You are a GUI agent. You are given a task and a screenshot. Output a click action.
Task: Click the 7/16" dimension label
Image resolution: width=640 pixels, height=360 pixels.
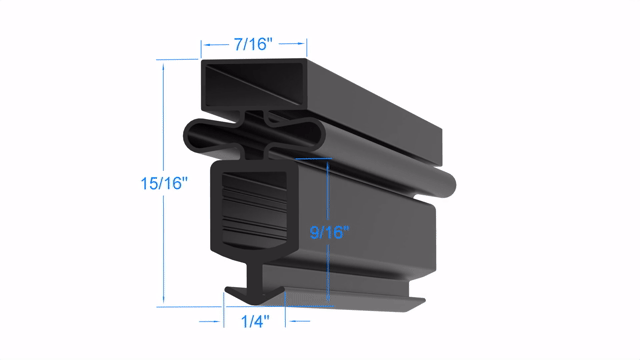pos(253,44)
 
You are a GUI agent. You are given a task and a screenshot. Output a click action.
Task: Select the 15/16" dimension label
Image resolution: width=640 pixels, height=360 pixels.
pos(164,183)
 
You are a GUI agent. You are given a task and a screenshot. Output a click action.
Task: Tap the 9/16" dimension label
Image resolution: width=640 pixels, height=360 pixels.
pos(329,232)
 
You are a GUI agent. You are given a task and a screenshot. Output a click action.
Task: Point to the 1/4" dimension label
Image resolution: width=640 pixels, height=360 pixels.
pos(255,322)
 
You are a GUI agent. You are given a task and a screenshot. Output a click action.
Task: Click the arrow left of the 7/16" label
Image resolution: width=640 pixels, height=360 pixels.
pos(216,44)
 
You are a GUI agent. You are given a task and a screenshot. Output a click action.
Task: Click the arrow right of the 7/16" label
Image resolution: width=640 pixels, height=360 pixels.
pos(291,43)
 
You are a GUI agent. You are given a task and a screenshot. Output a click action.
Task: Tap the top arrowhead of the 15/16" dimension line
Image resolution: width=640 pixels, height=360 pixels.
pos(163,67)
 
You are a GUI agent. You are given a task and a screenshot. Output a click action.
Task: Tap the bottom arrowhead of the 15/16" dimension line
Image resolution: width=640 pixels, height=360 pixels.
pos(163,299)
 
